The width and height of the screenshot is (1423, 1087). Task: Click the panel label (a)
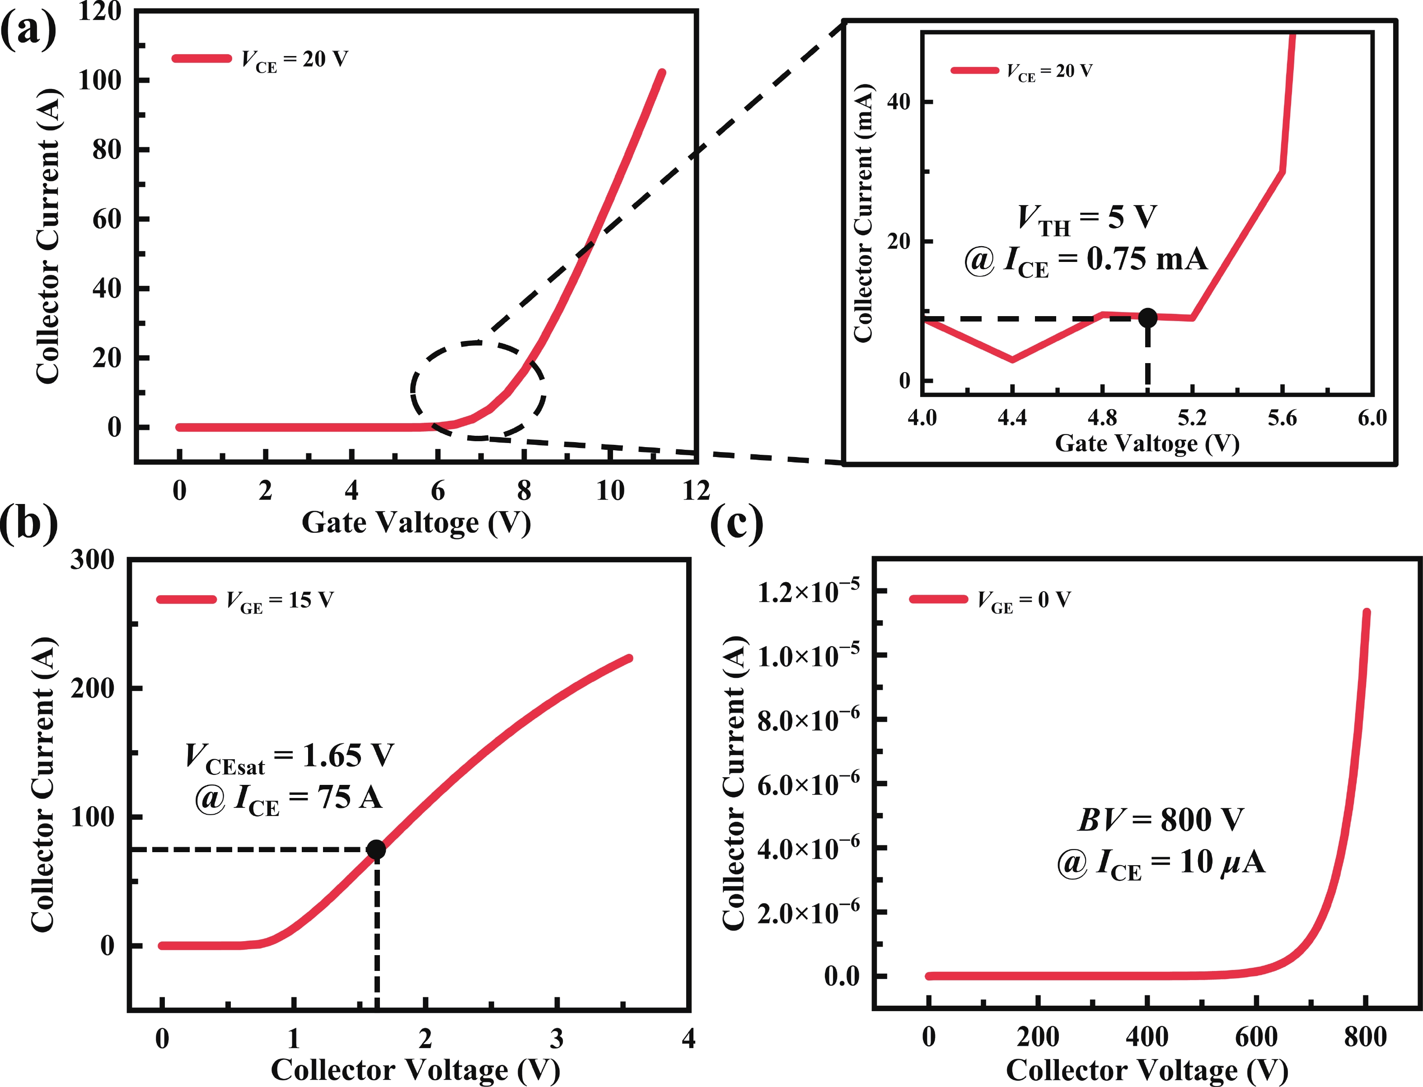28,29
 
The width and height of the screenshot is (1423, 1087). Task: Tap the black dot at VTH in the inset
1147,317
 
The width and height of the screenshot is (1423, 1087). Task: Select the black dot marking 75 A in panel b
376,849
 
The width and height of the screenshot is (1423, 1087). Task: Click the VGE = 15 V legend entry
246,601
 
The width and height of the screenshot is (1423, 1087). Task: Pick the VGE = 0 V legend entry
991,601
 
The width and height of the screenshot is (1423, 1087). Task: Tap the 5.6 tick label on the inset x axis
1282,419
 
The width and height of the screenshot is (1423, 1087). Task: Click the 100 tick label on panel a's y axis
100,81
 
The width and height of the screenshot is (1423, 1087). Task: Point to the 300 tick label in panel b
93,560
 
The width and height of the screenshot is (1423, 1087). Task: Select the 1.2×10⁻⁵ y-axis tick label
809,592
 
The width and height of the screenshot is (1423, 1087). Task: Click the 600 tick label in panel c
1256,1037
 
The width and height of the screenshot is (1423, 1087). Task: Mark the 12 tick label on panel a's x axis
696,491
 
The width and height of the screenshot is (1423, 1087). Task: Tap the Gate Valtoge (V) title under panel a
416,523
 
